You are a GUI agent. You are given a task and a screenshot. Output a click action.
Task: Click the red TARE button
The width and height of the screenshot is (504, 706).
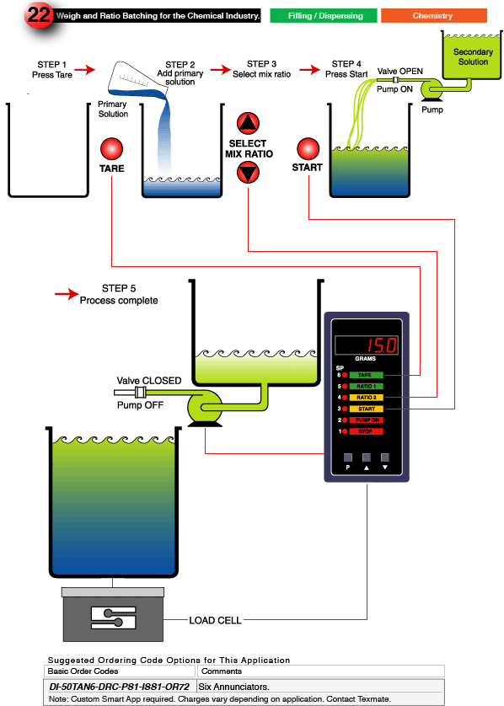111,149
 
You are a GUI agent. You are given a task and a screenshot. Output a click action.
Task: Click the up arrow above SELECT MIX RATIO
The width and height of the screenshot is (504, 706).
247,124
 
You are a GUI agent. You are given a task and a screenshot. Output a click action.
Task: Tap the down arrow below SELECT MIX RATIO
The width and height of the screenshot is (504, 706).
247,174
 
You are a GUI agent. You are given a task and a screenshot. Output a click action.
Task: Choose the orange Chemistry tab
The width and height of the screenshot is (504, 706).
432,15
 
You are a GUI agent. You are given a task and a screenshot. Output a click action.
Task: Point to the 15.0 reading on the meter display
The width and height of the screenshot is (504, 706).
380,345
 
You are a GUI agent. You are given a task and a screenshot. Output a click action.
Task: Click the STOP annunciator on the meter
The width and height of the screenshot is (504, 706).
365,431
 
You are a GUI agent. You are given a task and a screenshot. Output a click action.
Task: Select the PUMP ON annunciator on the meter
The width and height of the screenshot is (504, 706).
365,420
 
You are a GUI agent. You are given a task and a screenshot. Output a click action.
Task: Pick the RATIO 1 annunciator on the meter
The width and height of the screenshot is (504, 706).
365,386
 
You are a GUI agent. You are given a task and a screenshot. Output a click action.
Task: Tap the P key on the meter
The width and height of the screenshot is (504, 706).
347,459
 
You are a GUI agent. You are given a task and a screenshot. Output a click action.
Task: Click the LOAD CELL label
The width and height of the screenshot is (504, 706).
217,621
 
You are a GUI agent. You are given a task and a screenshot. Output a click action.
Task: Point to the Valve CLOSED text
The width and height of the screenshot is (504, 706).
148,381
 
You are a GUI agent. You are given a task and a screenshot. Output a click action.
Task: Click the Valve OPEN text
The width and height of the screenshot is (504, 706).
399,72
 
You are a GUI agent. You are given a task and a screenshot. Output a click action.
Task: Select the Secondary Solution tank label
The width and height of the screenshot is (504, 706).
472,57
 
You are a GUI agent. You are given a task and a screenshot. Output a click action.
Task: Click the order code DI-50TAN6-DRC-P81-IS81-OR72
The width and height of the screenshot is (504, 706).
119,687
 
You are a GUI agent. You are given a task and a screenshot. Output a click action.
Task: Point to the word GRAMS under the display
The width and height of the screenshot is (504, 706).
365,359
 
